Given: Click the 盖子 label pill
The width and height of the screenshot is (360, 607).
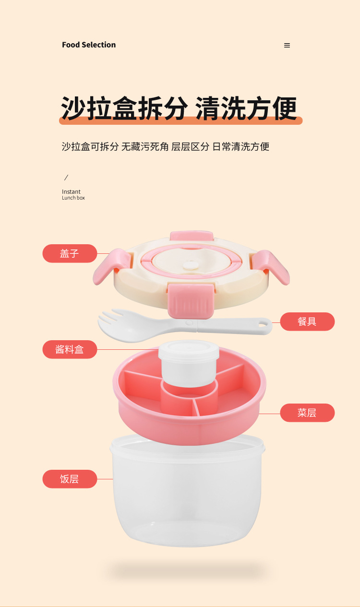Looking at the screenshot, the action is [70, 253].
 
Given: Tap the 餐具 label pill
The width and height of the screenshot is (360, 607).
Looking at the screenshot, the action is [307, 321].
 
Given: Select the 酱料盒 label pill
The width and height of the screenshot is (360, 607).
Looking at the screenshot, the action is [70, 349].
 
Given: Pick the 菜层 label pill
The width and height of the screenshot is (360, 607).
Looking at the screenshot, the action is [307, 413].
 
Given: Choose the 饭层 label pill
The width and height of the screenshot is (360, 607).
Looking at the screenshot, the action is [70, 479].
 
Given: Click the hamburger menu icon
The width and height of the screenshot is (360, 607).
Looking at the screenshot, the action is [287, 46].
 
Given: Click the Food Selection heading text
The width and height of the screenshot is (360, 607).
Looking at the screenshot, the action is [89, 45].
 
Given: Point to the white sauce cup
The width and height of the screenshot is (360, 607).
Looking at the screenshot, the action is [189, 363].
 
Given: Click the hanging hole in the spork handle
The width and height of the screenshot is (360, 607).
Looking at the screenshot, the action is [262, 324].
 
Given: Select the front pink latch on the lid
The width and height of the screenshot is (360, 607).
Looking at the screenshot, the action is [191, 300].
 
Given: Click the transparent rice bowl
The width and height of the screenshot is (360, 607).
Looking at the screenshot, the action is [187, 491].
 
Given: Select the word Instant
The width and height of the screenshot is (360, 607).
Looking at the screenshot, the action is [71, 191].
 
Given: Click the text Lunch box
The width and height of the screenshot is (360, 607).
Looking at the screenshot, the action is [73, 198].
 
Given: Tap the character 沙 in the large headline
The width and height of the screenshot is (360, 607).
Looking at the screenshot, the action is [73, 108].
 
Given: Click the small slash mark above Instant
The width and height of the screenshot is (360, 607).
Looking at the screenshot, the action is [66, 178].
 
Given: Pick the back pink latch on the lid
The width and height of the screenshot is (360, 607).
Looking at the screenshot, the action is [192, 235].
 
